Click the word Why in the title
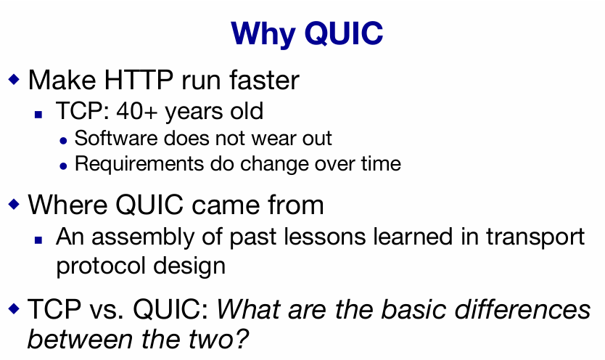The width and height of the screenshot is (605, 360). coord(263,35)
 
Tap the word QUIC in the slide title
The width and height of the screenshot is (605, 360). coord(344,33)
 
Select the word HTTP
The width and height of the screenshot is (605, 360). coord(139,81)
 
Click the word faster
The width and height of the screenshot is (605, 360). coord(264,80)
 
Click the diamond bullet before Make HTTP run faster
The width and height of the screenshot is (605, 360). coord(14,79)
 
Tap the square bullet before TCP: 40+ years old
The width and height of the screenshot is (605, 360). coord(38,114)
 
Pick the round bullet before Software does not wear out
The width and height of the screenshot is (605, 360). coord(64,142)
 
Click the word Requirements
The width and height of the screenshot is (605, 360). coord(139,164)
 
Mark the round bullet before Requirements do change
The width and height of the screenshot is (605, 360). coord(64,166)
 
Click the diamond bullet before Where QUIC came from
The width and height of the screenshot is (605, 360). coord(14,204)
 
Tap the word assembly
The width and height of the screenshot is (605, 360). coord(143,237)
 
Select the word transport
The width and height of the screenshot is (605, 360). coord(535,237)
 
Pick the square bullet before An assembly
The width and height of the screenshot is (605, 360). coord(38,240)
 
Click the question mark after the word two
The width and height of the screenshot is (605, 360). coord(241,339)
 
